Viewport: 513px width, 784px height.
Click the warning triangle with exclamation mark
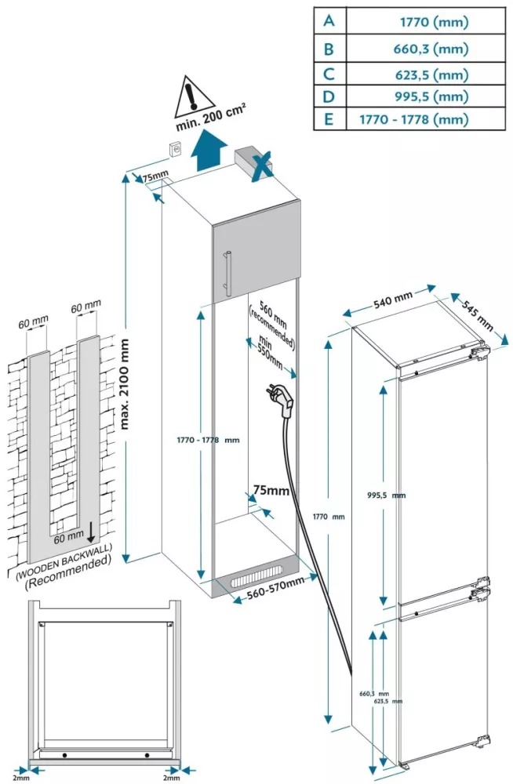(x=192, y=93)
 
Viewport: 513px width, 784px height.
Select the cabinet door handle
(x=226, y=270)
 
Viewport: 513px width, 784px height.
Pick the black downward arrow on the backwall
(x=92, y=533)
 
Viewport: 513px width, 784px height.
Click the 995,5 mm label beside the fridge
(x=386, y=495)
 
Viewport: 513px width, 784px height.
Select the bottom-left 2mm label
(x=20, y=778)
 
